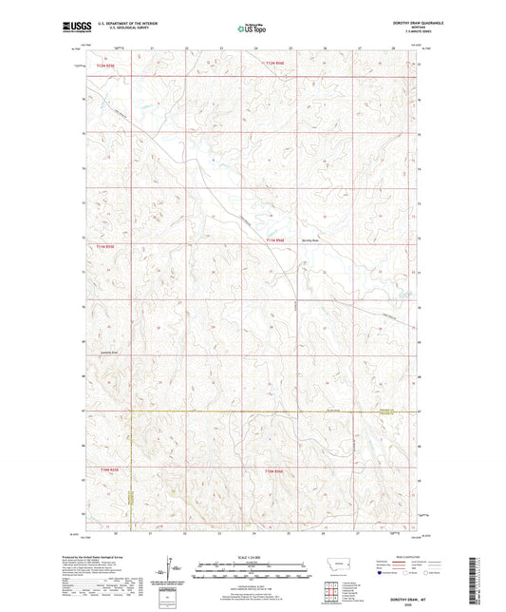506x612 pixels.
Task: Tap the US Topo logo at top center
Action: [x=252, y=29]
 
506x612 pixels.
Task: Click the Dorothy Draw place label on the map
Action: [x=313, y=240]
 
